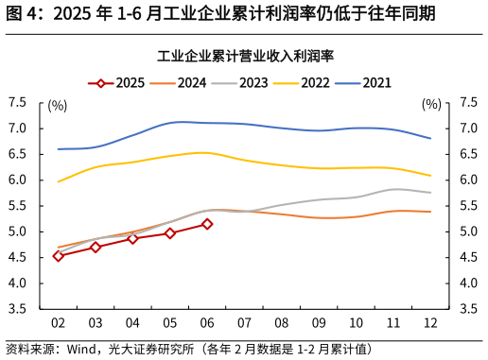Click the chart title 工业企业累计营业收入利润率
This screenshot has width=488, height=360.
pyautogui.click(x=244, y=56)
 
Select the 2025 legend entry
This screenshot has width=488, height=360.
pyautogui.click(x=117, y=83)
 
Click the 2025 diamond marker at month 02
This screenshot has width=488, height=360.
pyautogui.click(x=59, y=256)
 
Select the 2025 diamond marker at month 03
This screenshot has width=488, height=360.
pyautogui.click(x=96, y=247)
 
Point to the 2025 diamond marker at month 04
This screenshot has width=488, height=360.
pyautogui.click(x=132, y=238)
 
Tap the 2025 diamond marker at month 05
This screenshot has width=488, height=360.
pyautogui.click(x=170, y=232)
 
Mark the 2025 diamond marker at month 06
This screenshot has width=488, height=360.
pyautogui.click(x=207, y=224)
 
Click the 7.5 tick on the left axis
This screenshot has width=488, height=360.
pyautogui.click(x=19, y=102)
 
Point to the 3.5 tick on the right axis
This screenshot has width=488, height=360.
pyautogui.click(x=468, y=309)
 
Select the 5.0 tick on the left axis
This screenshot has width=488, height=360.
pyautogui.click(x=19, y=231)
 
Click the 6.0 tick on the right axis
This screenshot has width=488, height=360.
pyautogui.click(x=468, y=180)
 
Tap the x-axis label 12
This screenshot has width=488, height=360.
pyautogui.click(x=430, y=323)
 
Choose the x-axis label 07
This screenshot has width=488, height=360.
pyautogui.click(x=244, y=323)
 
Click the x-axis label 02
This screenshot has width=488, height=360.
pyautogui.click(x=59, y=323)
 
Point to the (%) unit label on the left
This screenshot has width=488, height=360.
pyautogui.click(x=58, y=105)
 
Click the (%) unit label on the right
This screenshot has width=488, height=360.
pyautogui.click(x=431, y=105)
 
